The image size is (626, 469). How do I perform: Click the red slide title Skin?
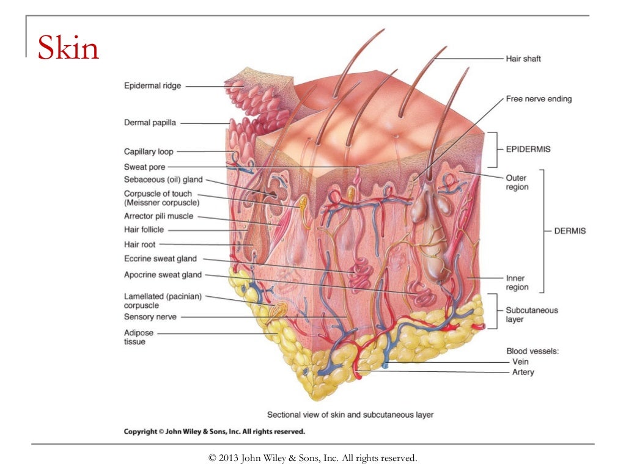click(x=68, y=48)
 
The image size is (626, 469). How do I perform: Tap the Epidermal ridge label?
click(x=153, y=86)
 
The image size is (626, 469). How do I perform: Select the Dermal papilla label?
click(x=150, y=123)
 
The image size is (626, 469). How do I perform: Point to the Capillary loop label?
click(x=149, y=151)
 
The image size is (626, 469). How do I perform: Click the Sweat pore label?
click(x=144, y=167)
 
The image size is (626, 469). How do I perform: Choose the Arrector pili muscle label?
click(x=158, y=216)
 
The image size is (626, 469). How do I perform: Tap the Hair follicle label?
click(x=144, y=230)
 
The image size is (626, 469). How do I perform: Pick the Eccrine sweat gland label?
click(x=160, y=259)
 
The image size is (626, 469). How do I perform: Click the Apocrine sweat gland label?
click(x=163, y=275)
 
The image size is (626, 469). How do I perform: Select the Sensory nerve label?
click(x=150, y=317)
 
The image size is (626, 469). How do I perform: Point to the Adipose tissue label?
click(x=139, y=337)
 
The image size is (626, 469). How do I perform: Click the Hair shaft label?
click(x=523, y=59)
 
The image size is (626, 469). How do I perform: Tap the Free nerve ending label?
click(x=539, y=98)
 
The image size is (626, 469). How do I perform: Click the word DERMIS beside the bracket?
click(x=570, y=231)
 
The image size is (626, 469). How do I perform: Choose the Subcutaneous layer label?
click(x=531, y=314)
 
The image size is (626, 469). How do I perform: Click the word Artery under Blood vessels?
click(x=523, y=372)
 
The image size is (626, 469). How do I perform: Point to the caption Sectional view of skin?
click(x=350, y=415)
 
